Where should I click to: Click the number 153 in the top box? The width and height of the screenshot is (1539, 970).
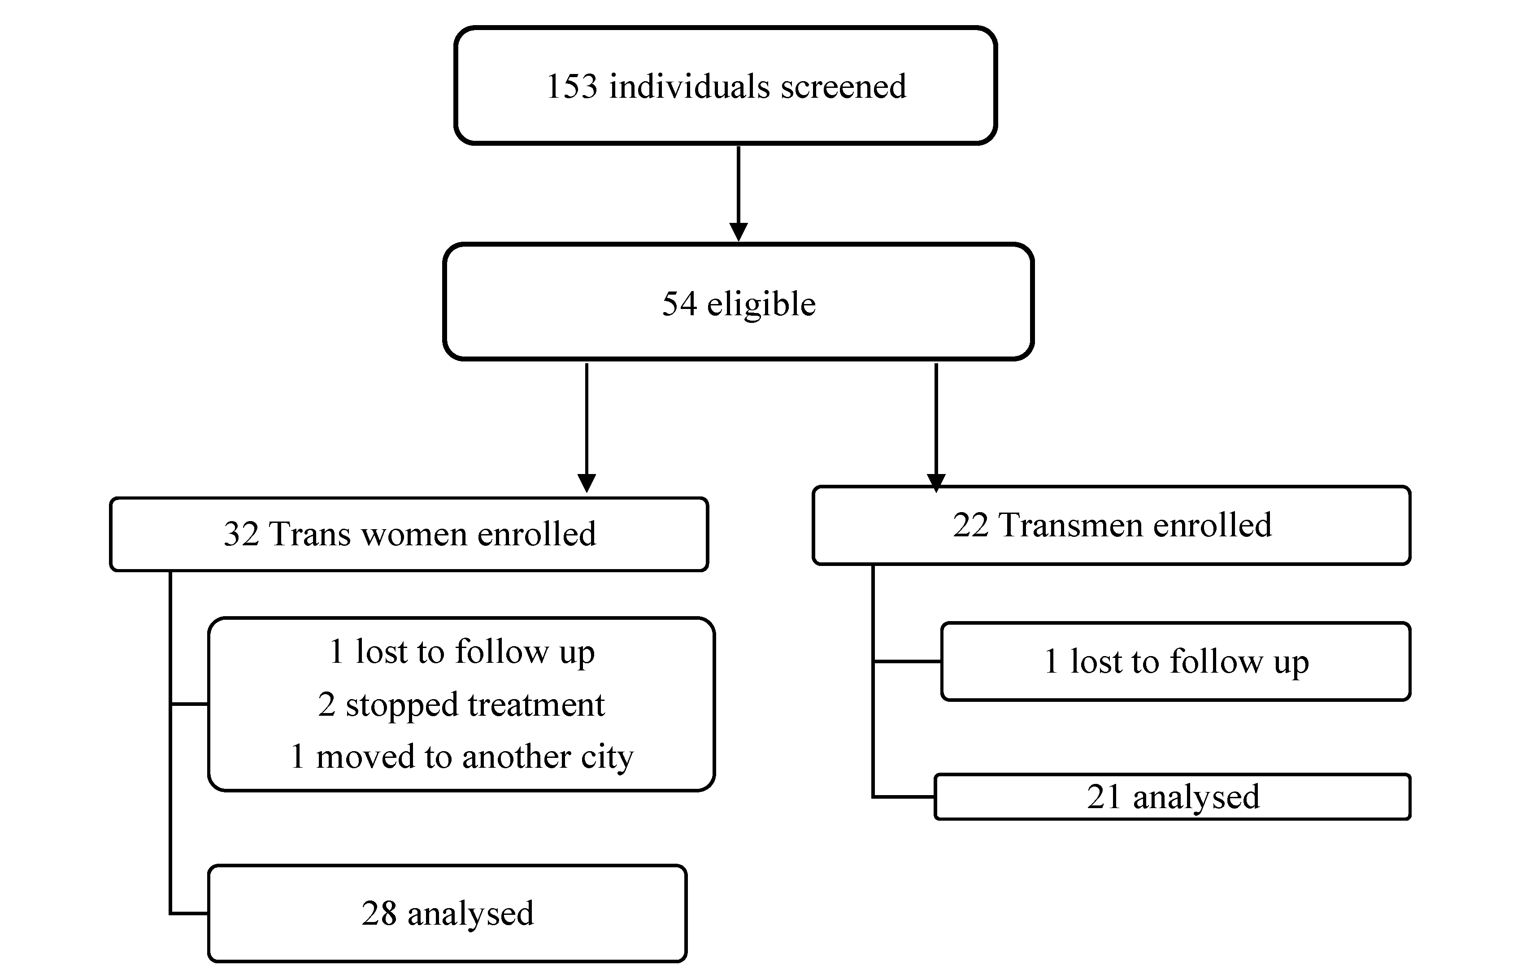[572, 86]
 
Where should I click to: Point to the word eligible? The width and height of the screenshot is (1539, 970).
[761, 304]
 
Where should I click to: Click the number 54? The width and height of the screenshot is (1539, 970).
[679, 304]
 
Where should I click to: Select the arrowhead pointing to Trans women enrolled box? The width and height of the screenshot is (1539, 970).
[587, 483]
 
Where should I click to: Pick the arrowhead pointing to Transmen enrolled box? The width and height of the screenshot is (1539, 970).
[936, 483]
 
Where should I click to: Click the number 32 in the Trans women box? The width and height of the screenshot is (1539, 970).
[241, 534]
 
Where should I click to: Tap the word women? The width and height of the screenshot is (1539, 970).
[413, 534]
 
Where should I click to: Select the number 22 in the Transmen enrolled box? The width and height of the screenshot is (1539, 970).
[970, 525]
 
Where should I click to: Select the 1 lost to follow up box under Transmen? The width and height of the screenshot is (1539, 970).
[1175, 661]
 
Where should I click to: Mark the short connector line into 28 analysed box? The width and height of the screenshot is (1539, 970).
[189, 914]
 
